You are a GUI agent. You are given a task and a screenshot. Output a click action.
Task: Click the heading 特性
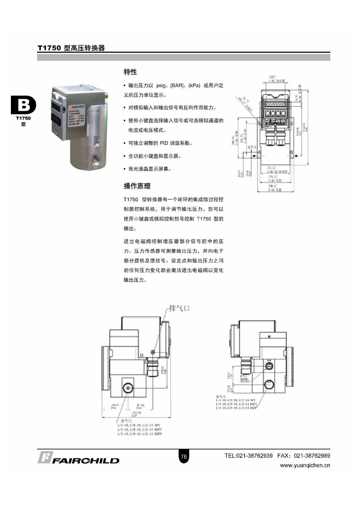coord(130,72)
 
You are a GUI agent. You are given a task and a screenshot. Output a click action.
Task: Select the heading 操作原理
coord(137,186)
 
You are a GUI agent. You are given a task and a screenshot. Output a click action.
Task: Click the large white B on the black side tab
coord(24,105)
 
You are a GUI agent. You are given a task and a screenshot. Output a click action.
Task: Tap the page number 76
coord(184,457)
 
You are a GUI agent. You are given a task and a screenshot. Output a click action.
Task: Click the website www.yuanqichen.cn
coord(305,465)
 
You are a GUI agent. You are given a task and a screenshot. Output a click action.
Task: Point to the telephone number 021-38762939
coord(254,456)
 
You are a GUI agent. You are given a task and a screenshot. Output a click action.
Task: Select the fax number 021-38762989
coord(312,456)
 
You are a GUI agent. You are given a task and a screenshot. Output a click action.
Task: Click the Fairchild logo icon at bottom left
coord(45,457)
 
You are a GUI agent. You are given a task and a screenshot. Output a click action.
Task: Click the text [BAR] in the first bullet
coord(177,86)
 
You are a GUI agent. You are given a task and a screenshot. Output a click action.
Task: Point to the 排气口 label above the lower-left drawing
coord(179,308)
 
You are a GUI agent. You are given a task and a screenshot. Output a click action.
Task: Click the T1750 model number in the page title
coord(49,48)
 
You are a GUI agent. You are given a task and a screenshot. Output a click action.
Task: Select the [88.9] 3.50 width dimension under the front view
coord(275,188)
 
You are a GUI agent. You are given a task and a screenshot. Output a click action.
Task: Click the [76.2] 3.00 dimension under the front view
coord(275,178)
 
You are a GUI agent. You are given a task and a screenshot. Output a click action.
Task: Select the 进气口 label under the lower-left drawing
coord(126,421)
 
